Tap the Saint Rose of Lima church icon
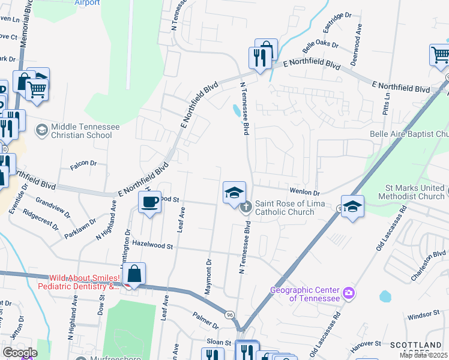[246, 208]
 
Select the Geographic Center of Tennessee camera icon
[349, 293]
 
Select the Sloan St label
[220, 342]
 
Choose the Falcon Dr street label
[83, 163]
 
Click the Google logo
[19, 352]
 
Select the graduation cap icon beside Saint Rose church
[234, 192]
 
